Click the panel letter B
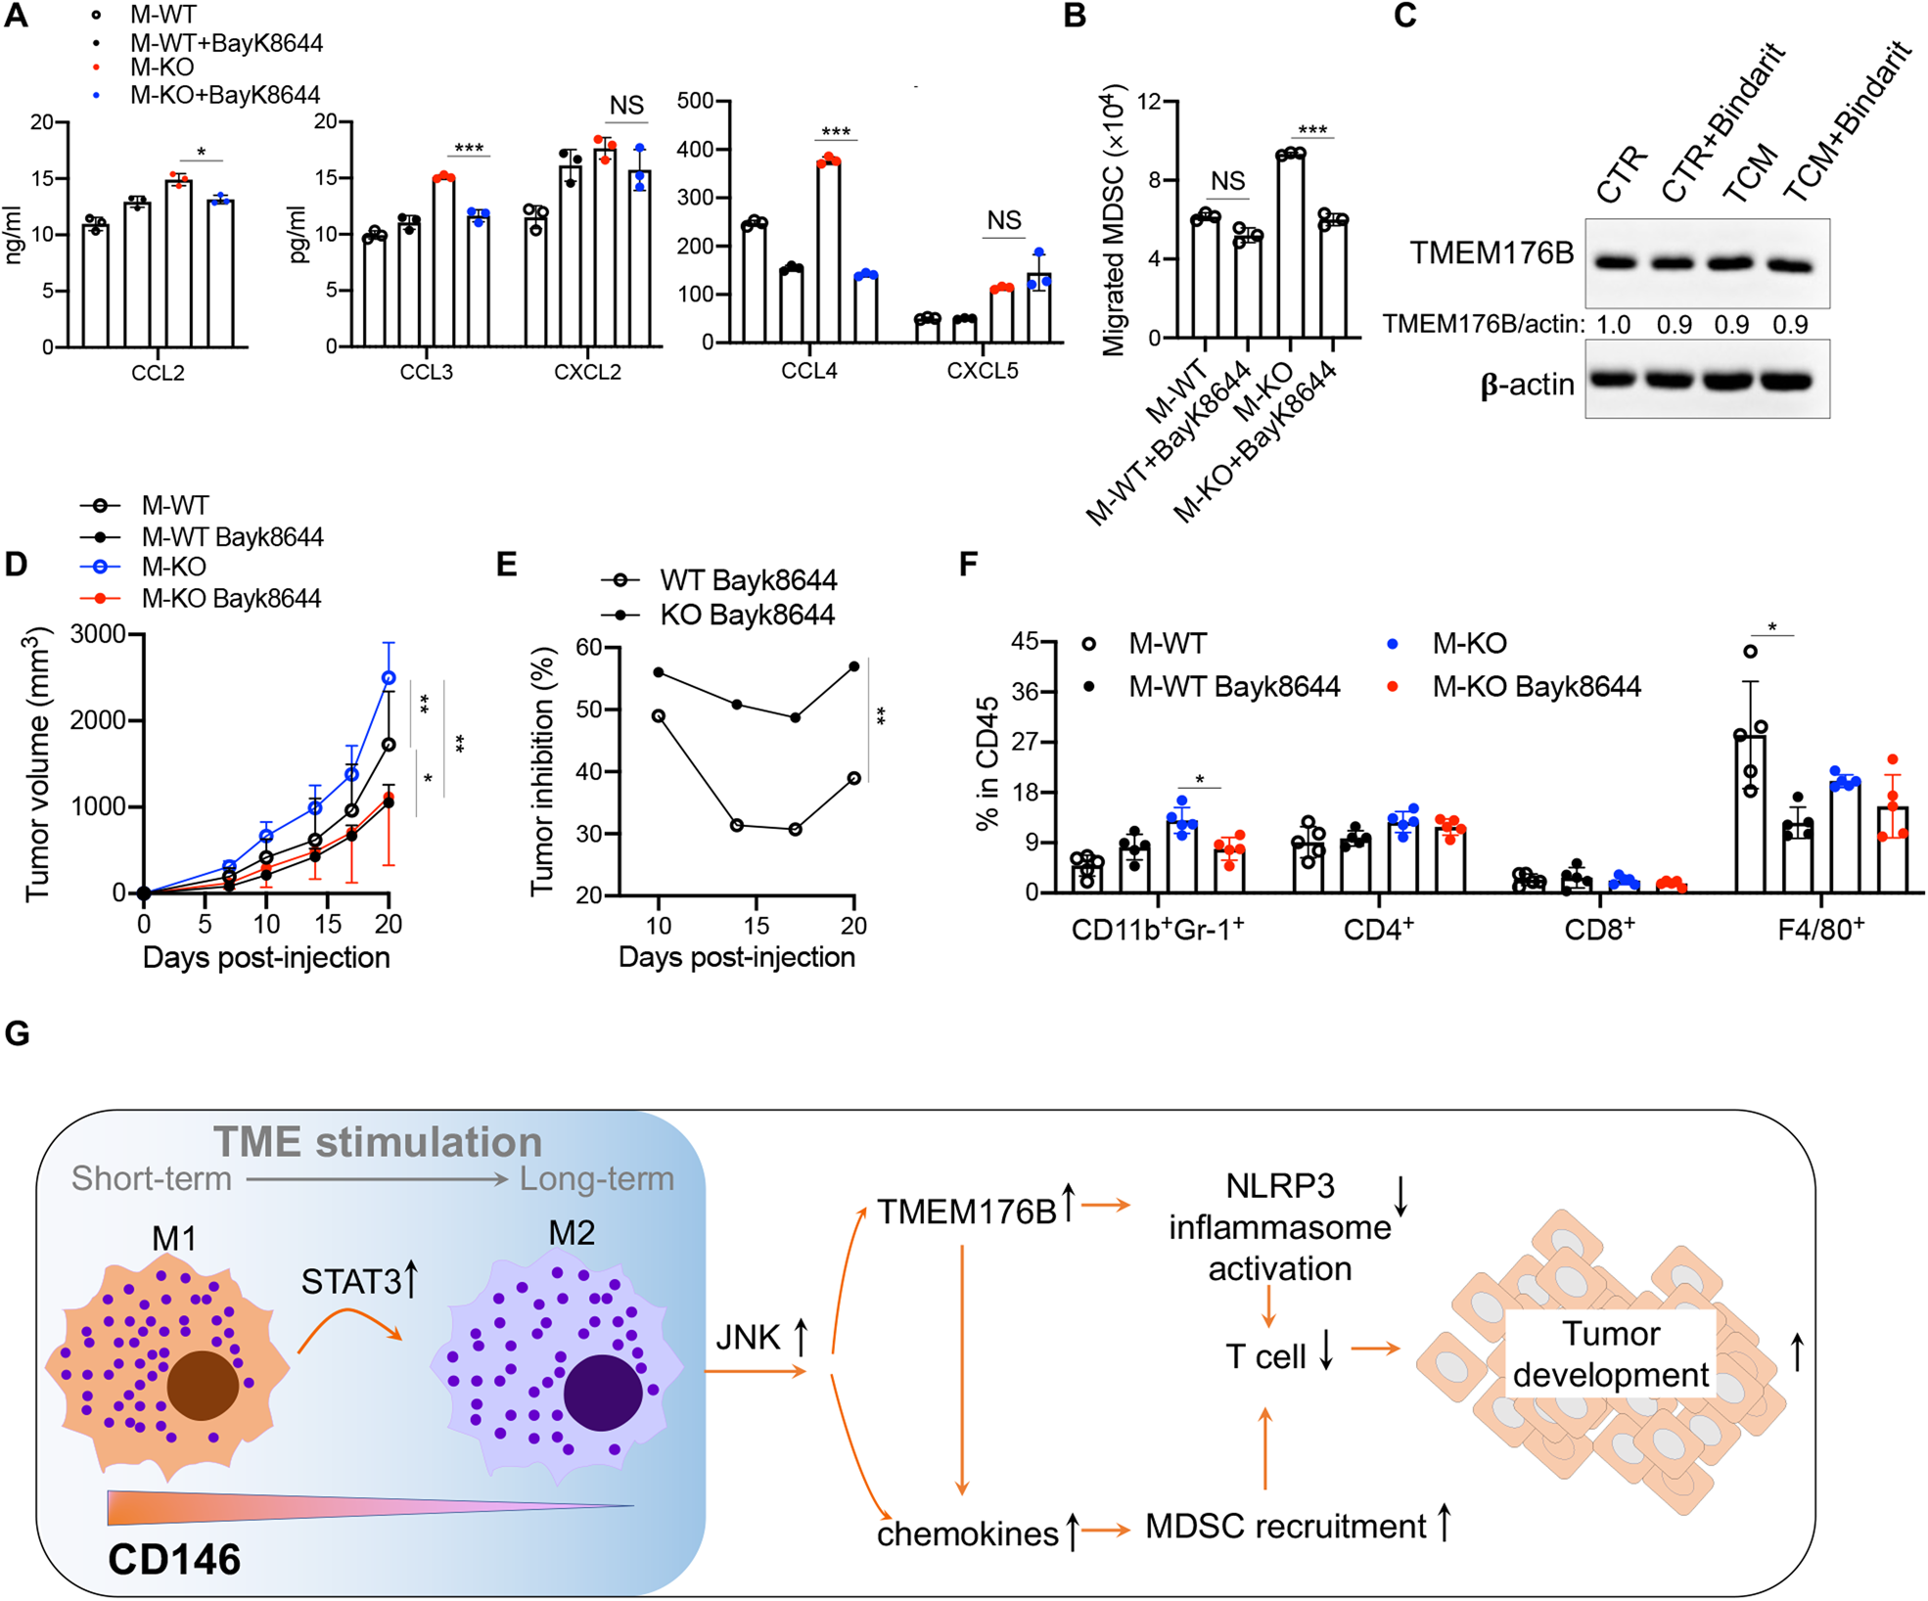click(1074, 17)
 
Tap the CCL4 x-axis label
click(808, 372)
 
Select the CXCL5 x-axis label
click(982, 372)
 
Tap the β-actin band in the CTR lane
click(1613, 380)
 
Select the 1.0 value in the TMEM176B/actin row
click(1614, 325)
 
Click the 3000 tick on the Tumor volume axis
click(98, 634)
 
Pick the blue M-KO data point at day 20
click(389, 677)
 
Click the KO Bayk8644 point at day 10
click(659, 672)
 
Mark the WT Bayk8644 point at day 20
click(854, 778)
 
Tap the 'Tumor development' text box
click(1610, 1354)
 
